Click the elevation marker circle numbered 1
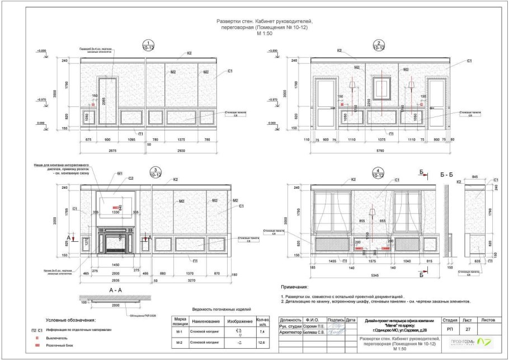148,45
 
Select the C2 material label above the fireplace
130,179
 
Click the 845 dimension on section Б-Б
474,177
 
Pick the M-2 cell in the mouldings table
179,342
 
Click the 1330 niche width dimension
116,213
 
